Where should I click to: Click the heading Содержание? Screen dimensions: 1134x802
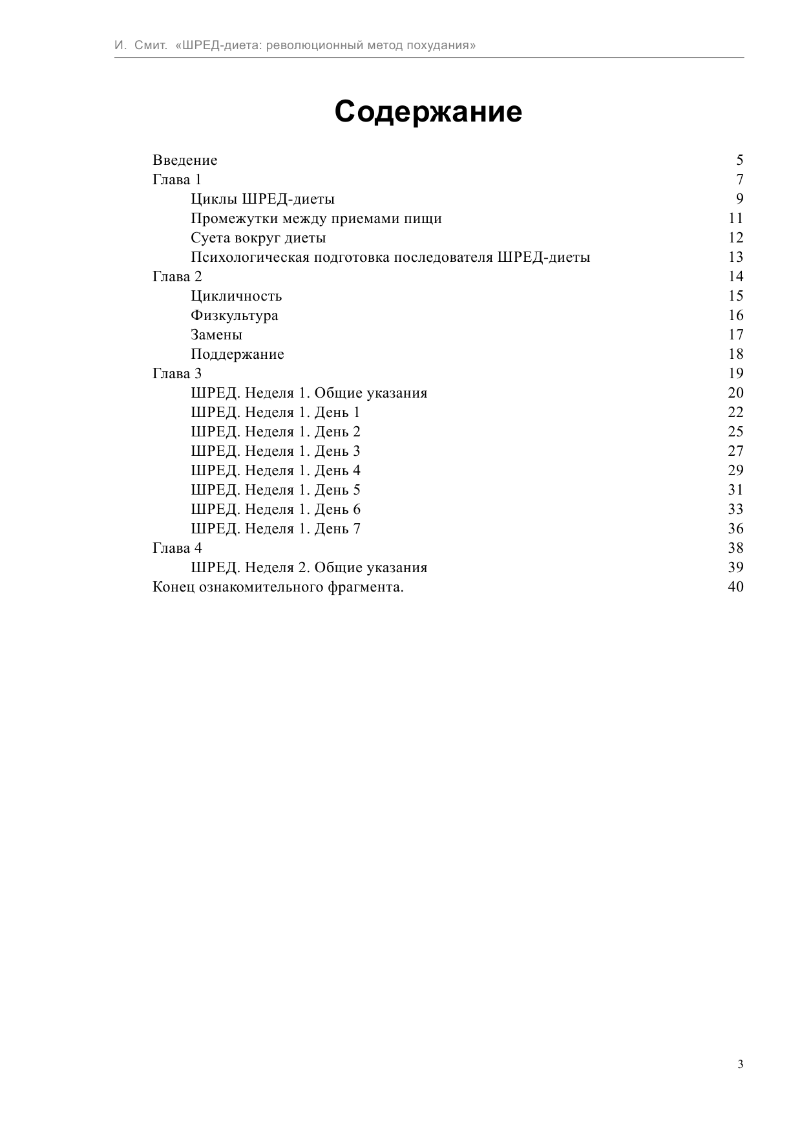[428, 112]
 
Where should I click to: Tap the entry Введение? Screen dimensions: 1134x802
[185, 160]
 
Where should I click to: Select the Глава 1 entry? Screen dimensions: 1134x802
[177, 179]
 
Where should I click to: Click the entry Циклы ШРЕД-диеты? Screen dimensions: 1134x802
[262, 198]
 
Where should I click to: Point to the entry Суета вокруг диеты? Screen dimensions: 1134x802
[258, 237]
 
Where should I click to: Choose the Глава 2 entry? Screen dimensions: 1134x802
[177, 276]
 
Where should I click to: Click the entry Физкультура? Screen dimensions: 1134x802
[235, 315]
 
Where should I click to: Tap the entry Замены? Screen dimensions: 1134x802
[216, 334]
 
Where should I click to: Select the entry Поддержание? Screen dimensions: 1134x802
[237, 354]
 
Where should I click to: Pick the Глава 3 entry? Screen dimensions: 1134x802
[177, 373]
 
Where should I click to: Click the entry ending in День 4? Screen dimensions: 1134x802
[275, 470]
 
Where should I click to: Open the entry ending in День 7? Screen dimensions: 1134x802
[275, 528]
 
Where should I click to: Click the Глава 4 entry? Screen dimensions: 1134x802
[177, 548]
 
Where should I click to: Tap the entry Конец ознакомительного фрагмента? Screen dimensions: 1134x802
[278, 586]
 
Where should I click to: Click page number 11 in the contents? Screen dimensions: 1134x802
[735, 218]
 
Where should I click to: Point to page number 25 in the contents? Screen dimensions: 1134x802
[735, 431]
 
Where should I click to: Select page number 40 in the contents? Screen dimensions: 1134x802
[735, 586]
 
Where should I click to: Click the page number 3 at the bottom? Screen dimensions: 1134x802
[740, 1065]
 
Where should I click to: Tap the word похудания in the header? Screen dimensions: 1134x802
[441, 45]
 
